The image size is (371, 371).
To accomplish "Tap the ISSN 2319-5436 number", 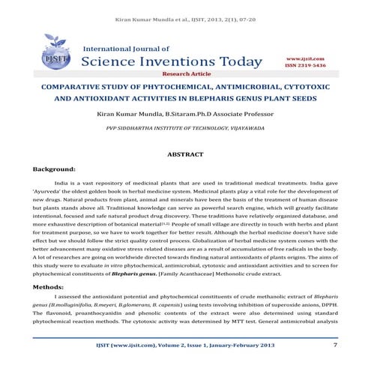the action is [305, 65].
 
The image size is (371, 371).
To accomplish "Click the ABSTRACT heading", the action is [184, 153].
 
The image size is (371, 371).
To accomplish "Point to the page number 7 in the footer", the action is [334, 345].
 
